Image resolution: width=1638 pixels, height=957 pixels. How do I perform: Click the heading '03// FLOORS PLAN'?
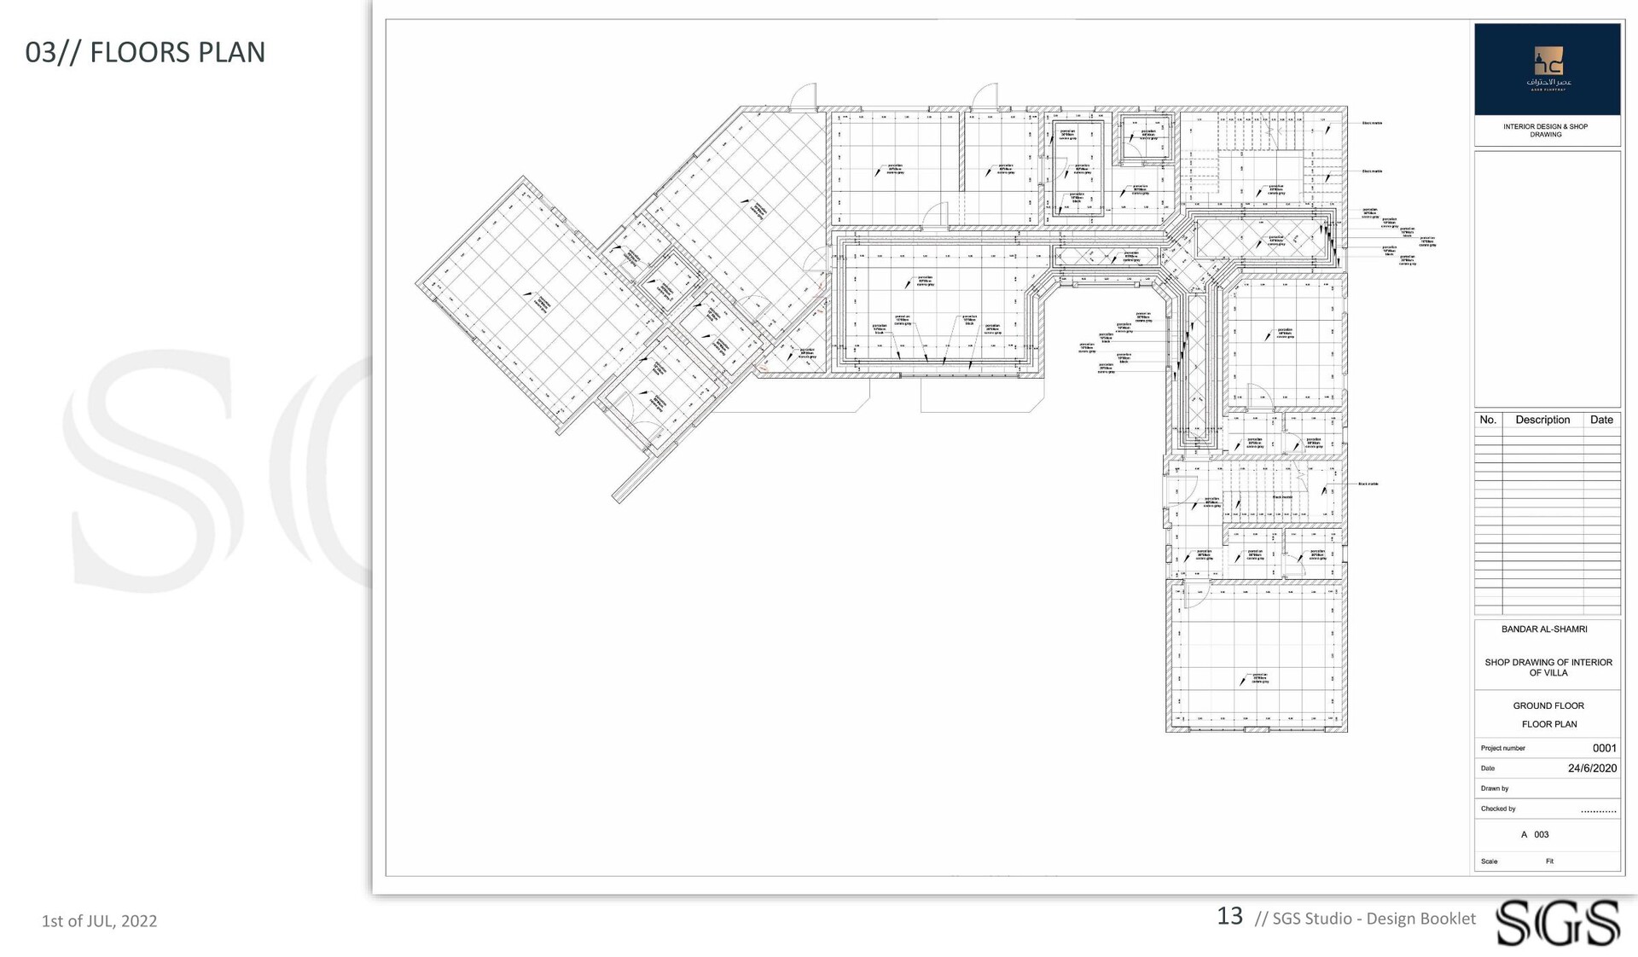[145, 52]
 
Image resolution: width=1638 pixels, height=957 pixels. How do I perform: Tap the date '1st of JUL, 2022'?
[99, 921]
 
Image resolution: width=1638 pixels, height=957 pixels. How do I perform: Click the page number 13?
[1229, 916]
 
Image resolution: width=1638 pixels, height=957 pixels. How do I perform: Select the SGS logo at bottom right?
[1557, 922]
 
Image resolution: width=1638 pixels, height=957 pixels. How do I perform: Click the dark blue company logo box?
[1547, 69]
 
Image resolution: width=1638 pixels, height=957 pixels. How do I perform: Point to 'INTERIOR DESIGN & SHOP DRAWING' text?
[1545, 130]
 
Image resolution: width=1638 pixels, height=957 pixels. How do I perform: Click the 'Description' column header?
[1542, 420]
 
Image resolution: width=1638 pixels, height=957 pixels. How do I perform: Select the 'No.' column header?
[1488, 420]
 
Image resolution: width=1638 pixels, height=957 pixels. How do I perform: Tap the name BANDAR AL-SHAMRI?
[1544, 629]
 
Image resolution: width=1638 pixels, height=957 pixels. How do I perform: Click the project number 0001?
[1604, 748]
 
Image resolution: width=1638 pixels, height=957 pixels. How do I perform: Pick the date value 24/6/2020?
[1592, 768]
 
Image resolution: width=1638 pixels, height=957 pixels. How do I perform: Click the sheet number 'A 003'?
[1535, 835]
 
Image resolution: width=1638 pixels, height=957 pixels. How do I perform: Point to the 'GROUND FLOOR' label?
[1548, 706]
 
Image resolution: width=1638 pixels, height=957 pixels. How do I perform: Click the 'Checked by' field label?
[1498, 809]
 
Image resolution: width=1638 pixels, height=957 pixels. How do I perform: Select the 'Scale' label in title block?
[1489, 861]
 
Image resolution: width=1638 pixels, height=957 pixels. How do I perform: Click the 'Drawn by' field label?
[1495, 789]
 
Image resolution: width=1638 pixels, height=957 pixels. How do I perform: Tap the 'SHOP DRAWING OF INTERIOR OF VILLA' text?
[1548, 668]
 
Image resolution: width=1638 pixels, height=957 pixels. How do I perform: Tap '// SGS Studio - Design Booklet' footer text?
[1365, 919]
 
